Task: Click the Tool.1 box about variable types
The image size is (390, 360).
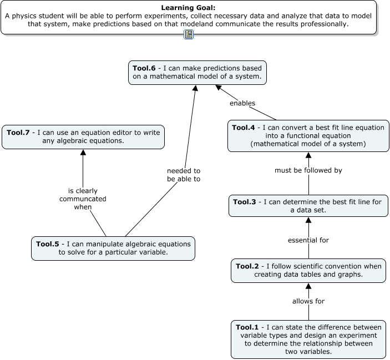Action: pyautogui.click(x=308, y=339)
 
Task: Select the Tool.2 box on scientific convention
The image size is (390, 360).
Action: pyautogui.click(x=308, y=270)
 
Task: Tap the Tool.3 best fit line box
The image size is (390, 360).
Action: pyautogui.click(x=308, y=206)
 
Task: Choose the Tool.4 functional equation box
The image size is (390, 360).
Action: pyautogui.click(x=308, y=136)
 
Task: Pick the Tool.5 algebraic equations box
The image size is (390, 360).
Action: pyautogui.click(x=113, y=248)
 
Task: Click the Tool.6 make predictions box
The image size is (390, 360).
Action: pyautogui.click(x=197, y=72)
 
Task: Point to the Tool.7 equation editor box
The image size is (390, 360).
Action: pyautogui.click(x=83, y=136)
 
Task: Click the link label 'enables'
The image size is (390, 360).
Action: pyautogui.click(x=242, y=103)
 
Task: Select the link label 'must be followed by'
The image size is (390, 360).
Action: pyautogui.click(x=308, y=170)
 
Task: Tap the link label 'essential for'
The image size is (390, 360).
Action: pyautogui.click(x=308, y=240)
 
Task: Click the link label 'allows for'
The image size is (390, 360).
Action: pyautogui.click(x=308, y=301)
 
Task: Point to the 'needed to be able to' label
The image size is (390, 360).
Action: pyautogui.click(x=184, y=175)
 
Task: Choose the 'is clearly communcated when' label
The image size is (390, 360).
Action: pyautogui.click(x=83, y=199)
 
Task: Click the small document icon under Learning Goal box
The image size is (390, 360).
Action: pyautogui.click(x=189, y=34)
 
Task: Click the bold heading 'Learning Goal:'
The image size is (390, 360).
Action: pyautogui.click(x=188, y=8)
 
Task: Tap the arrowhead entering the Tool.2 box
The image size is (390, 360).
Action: pyautogui.click(x=308, y=287)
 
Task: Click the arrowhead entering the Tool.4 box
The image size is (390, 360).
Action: pyautogui.click(x=308, y=156)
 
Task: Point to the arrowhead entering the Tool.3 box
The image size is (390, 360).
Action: pyautogui.click(x=308, y=220)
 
